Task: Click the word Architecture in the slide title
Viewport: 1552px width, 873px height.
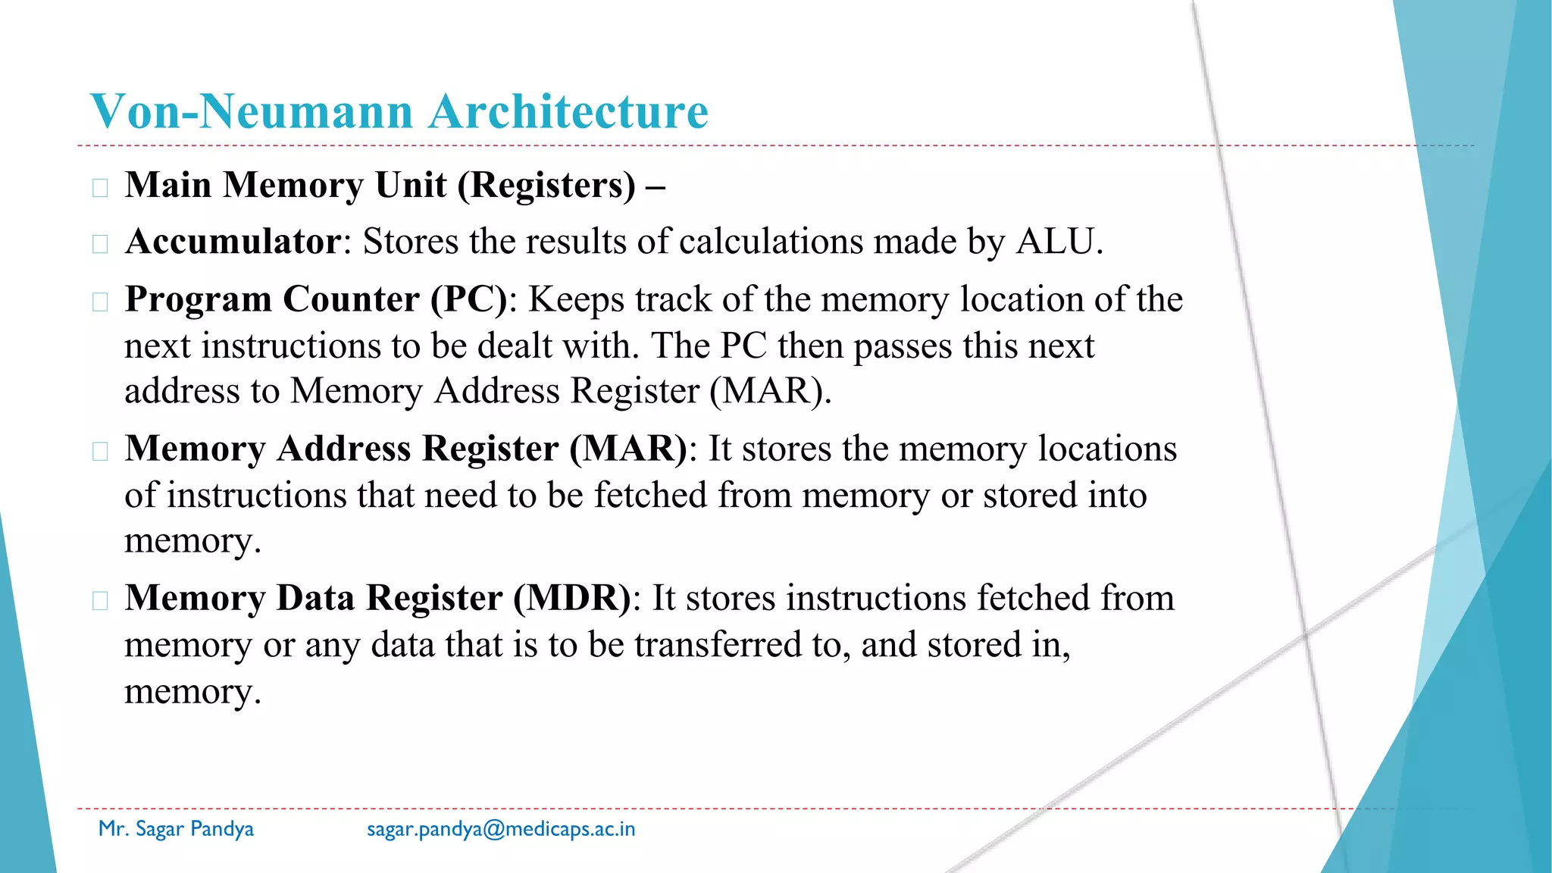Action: pos(568,111)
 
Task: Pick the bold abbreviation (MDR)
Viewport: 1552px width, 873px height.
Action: pos(571,598)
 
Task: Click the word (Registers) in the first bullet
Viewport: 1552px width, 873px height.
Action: pos(546,185)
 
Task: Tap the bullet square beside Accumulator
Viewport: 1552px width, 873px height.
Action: pos(100,244)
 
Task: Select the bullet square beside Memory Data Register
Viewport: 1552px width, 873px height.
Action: pos(100,601)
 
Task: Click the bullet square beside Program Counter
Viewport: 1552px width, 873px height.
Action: pos(100,302)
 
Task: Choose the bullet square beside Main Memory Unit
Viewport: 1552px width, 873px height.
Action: pos(100,187)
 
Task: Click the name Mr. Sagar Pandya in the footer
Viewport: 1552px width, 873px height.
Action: pos(176,829)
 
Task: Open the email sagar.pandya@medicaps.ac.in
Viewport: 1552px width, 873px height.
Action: pos(501,829)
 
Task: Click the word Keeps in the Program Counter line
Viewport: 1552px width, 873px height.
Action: pos(576,299)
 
